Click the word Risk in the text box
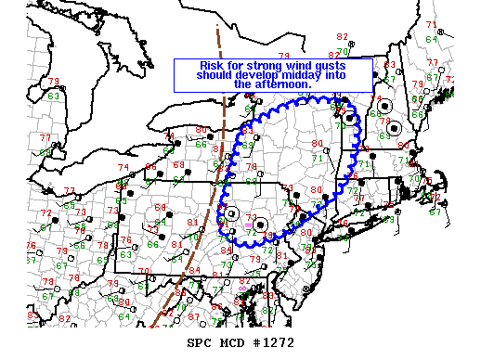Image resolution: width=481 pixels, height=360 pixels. tap(211, 66)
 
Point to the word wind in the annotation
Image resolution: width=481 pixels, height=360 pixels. tap(306, 66)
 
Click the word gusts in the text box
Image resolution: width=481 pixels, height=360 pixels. tap(340, 66)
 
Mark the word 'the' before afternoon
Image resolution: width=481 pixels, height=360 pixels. tap(243, 84)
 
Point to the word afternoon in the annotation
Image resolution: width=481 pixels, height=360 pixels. tap(282, 84)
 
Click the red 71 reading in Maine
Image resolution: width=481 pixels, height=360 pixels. tap(431, 24)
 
